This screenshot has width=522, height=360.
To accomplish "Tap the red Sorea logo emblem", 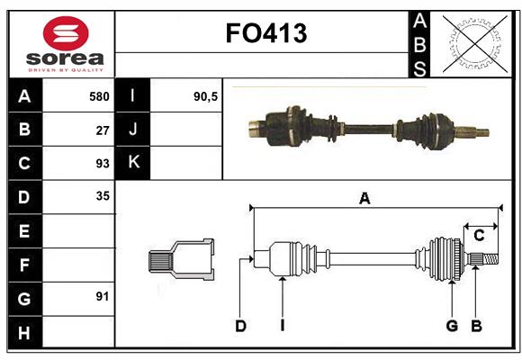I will pos(66,34).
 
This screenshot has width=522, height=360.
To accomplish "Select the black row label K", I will pos(134,163).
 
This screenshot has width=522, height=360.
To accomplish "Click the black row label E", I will pos(24,230).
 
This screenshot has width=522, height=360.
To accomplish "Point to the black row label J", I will pos(134,130).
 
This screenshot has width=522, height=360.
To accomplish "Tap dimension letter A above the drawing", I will pos(364,199).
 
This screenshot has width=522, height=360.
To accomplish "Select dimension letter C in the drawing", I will pos(479,236).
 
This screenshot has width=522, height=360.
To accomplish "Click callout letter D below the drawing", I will pos(240,326).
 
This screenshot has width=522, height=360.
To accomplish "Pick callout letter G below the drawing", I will pos(452,326).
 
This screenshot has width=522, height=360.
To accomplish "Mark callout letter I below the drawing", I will pos(282,326).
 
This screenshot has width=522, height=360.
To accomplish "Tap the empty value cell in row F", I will pos(79,264).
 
